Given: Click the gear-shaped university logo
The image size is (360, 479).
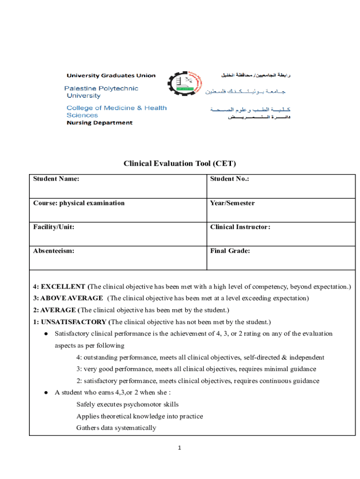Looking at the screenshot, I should click(184, 87).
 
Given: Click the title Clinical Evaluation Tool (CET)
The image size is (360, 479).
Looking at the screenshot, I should click(180, 163).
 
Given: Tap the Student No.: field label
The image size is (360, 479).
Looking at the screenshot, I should click(230, 179).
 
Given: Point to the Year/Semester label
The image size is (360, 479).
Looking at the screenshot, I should click(232, 203).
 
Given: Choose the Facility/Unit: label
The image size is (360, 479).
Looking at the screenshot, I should click(53, 227).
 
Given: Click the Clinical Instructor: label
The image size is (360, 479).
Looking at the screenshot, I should click(240, 227).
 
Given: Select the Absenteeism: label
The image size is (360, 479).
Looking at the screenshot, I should click(53, 251).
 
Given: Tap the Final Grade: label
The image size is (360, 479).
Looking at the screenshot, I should click(230, 251).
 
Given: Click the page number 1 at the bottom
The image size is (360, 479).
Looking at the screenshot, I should click(179, 448).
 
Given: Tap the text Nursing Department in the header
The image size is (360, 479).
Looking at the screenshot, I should click(100, 123).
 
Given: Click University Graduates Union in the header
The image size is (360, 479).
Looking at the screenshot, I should click(111, 75).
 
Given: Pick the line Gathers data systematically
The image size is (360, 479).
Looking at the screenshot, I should click(116, 428).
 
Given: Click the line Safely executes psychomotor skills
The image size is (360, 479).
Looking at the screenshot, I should click(127, 404).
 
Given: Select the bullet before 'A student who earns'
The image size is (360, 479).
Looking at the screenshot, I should click(45, 392).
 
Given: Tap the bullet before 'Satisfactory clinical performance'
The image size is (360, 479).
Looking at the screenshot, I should click(45, 334).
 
